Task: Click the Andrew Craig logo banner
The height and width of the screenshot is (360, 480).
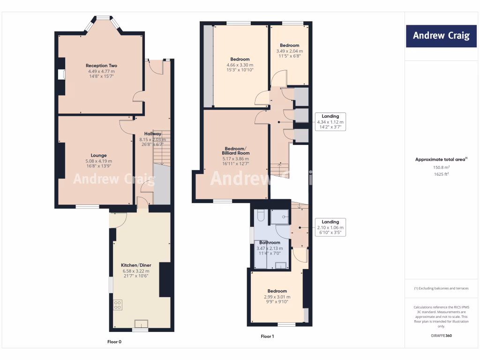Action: (x=441, y=36)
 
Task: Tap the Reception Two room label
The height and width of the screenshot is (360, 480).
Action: (x=101, y=66)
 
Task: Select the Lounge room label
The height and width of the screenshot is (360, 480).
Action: (x=98, y=155)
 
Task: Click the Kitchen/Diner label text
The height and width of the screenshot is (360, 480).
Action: (x=135, y=265)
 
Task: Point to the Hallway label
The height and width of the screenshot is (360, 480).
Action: (x=153, y=134)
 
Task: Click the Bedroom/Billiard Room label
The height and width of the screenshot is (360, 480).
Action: (x=236, y=150)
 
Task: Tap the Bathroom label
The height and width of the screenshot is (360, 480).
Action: (x=270, y=242)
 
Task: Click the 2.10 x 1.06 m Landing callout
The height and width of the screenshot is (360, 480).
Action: (x=330, y=227)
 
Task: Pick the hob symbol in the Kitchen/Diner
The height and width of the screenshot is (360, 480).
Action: (x=118, y=305)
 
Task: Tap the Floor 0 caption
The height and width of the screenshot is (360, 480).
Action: (x=114, y=342)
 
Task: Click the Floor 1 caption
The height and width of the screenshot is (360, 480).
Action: (x=267, y=337)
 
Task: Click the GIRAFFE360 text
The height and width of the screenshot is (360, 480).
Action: (x=441, y=336)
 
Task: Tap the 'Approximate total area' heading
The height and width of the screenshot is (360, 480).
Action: (x=441, y=159)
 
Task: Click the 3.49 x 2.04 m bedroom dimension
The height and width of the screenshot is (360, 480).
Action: (x=289, y=51)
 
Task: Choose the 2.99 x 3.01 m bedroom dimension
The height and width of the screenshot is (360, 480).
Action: (x=277, y=297)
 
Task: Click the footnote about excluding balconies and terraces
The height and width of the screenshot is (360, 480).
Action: (x=441, y=288)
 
